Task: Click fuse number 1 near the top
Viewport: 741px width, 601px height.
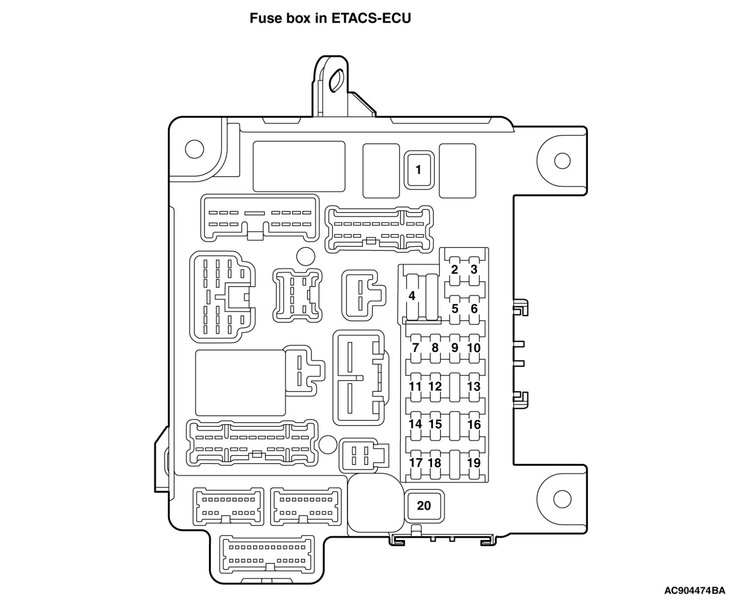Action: pyautogui.click(x=418, y=170)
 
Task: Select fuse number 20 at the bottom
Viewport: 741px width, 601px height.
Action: pyautogui.click(x=424, y=506)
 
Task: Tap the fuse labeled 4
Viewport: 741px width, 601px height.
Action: pyautogui.click(x=412, y=295)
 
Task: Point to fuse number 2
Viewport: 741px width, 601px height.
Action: pyautogui.click(x=454, y=269)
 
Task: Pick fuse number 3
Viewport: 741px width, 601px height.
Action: pyautogui.click(x=474, y=269)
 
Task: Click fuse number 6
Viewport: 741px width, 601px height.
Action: pyautogui.click(x=474, y=308)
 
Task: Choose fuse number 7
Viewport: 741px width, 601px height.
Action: pyautogui.click(x=415, y=347)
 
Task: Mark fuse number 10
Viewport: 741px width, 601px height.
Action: pyautogui.click(x=474, y=347)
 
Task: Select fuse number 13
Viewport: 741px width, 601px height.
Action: pyautogui.click(x=474, y=386)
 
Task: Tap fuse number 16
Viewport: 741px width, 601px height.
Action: pyautogui.click(x=474, y=424)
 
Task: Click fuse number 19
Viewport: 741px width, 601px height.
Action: pyautogui.click(x=474, y=463)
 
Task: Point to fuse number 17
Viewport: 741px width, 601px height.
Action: pyautogui.click(x=415, y=463)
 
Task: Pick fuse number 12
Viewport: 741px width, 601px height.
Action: pyautogui.click(x=435, y=386)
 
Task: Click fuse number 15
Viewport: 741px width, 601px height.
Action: pyautogui.click(x=435, y=424)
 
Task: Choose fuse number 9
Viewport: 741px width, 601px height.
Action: pyautogui.click(x=454, y=347)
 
